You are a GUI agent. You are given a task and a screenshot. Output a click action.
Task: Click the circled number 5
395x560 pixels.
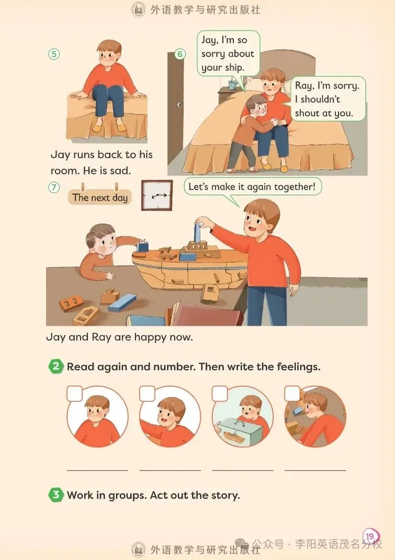pyautogui.click(x=54, y=54)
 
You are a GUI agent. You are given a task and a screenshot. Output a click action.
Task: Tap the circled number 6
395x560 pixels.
pyautogui.click(x=180, y=54)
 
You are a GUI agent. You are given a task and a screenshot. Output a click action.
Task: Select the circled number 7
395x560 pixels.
pyautogui.click(x=54, y=187)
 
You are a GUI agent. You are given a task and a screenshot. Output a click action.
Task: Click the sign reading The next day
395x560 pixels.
pyautogui.click(x=100, y=197)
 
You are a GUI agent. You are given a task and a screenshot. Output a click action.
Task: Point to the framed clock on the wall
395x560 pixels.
pyautogui.click(x=157, y=195)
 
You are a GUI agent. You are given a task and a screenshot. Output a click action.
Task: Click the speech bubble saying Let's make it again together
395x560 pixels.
pyautogui.click(x=252, y=187)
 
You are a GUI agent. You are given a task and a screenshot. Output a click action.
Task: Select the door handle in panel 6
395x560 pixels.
pyautogui.click(x=179, y=104)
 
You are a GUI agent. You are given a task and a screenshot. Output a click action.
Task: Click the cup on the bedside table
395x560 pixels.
pyautogui.click(x=232, y=85)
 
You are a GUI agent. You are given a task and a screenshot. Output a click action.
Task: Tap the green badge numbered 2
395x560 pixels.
pyautogui.click(x=55, y=366)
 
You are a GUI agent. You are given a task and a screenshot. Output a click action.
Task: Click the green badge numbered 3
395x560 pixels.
pyautogui.click(x=55, y=495)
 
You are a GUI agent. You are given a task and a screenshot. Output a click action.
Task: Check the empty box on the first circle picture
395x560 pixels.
pyautogui.click(x=75, y=393)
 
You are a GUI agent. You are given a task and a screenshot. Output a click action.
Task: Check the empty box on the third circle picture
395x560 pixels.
pyautogui.click(x=220, y=393)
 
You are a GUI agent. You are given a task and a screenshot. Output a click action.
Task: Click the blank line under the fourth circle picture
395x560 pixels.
pyautogui.click(x=315, y=470)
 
